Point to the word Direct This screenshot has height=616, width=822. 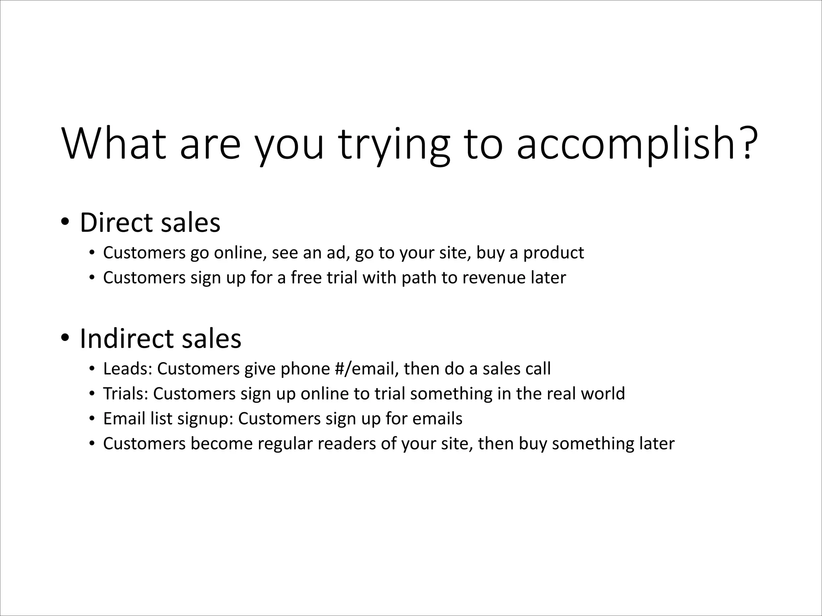122,223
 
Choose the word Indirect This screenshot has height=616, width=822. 126,338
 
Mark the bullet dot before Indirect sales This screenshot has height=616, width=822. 64,338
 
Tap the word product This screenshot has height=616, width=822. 553,253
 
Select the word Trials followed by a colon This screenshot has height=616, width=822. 126,393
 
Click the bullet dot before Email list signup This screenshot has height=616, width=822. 92,419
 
